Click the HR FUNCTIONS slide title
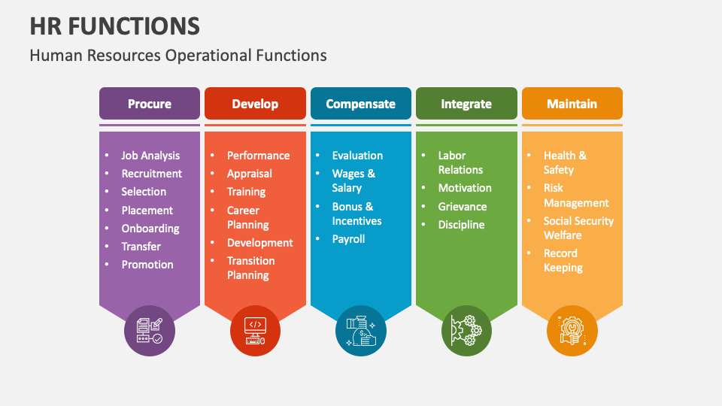(x=115, y=26)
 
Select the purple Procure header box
(x=150, y=104)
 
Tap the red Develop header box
(x=255, y=104)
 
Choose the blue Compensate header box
(x=361, y=104)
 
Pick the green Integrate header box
(x=466, y=104)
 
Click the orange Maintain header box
(x=572, y=104)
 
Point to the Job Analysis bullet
(x=150, y=156)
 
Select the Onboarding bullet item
(x=150, y=229)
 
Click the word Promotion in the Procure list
(x=147, y=265)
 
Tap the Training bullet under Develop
(x=246, y=192)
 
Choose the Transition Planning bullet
(x=251, y=268)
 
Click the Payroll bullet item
(x=348, y=239)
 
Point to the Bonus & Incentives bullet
(x=356, y=214)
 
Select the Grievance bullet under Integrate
(x=463, y=207)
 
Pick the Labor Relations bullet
(x=460, y=162)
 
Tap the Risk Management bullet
(x=576, y=195)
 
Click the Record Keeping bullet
(x=563, y=260)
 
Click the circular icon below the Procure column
(x=150, y=330)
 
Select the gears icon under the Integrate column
(x=466, y=330)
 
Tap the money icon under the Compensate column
(x=361, y=330)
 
